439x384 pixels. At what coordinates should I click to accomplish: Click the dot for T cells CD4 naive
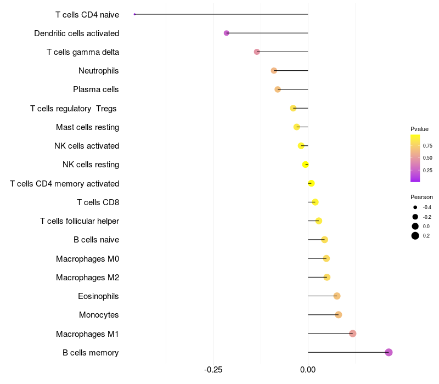(x=134, y=14)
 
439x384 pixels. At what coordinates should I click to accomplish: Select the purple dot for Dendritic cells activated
(x=227, y=33)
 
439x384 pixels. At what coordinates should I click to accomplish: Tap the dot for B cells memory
(x=389, y=352)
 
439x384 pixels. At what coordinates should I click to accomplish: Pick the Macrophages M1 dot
(x=353, y=334)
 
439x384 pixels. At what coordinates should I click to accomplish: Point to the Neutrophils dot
(x=274, y=71)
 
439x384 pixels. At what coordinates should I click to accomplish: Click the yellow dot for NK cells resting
(x=306, y=165)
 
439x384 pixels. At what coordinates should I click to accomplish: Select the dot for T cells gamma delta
(x=257, y=52)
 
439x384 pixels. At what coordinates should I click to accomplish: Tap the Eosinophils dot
(x=337, y=296)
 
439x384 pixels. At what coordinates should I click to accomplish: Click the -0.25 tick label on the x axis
(x=213, y=370)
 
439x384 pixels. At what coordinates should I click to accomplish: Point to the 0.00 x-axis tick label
(x=308, y=370)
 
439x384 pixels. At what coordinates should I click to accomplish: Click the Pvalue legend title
(x=419, y=129)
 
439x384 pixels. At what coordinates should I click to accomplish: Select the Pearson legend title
(x=421, y=197)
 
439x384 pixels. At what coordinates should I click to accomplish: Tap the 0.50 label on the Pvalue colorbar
(x=427, y=158)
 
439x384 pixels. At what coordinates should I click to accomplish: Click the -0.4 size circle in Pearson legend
(x=415, y=207)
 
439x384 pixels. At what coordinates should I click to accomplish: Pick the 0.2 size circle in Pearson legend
(x=415, y=236)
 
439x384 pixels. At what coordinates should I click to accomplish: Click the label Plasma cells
(x=95, y=89)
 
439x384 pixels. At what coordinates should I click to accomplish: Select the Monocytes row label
(x=99, y=315)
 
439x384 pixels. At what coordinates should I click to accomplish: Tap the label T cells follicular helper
(x=80, y=221)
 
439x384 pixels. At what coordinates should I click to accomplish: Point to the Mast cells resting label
(x=88, y=127)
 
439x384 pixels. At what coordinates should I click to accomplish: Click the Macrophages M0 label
(x=88, y=259)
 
